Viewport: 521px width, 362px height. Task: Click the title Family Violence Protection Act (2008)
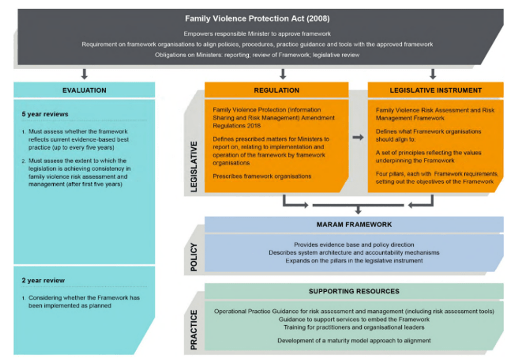pos(257,19)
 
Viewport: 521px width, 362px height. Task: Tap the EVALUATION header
pos(84,90)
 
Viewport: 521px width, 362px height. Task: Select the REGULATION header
pos(276,90)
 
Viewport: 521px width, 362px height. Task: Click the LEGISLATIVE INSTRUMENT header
pos(436,90)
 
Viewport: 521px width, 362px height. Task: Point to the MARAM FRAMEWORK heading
pos(354,224)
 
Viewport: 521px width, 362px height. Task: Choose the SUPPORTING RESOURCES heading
pos(354,291)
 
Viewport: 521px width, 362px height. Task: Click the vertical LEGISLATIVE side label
pos(194,166)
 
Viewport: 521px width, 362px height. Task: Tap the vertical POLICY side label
pos(194,257)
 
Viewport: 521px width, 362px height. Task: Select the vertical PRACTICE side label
pos(194,329)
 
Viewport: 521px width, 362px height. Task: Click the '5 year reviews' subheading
pos(45,114)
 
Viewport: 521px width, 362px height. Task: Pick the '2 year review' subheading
pos(43,280)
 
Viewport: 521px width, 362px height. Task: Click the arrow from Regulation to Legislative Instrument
pos(358,137)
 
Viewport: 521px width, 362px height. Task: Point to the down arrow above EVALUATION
pos(84,74)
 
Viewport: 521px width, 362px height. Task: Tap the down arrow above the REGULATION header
pos(283,74)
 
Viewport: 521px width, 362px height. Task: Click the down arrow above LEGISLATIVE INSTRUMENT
pos(432,74)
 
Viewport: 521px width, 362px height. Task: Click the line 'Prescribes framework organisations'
pos(262,176)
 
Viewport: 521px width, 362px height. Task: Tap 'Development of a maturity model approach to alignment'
pos(354,341)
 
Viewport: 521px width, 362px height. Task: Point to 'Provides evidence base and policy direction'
pos(354,245)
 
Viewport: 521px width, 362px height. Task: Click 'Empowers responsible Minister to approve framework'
pos(257,34)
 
